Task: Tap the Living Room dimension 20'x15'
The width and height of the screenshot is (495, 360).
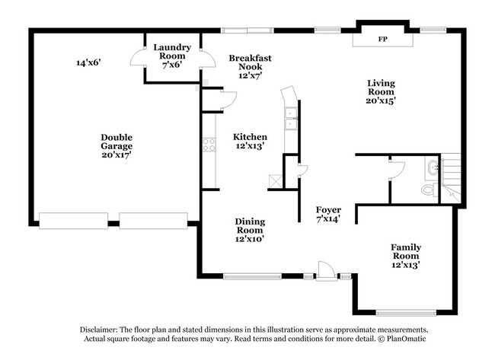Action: (x=382, y=100)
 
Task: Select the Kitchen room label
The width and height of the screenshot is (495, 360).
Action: (x=250, y=136)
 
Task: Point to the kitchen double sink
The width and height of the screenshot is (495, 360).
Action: (x=291, y=118)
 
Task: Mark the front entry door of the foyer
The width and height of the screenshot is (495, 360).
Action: (x=326, y=269)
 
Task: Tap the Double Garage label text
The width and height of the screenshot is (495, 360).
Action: (x=117, y=142)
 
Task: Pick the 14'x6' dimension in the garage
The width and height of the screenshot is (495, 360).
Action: (x=88, y=62)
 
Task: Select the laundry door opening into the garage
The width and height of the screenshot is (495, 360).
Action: (x=139, y=57)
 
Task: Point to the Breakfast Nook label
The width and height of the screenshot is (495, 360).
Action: (x=250, y=62)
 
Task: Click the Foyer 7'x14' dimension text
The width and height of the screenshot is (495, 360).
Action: (x=328, y=218)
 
